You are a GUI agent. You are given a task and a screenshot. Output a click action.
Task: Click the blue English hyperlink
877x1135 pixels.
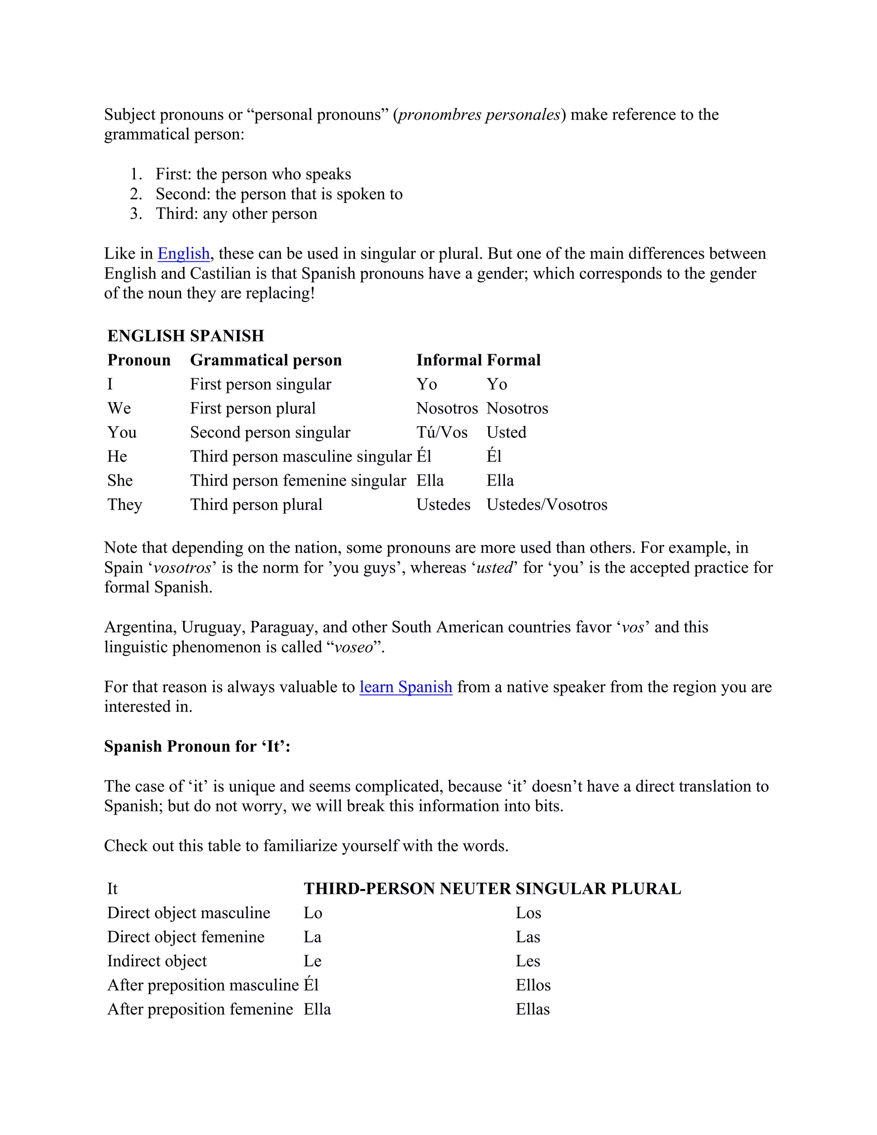(183, 254)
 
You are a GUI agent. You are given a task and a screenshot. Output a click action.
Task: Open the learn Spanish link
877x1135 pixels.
(406, 687)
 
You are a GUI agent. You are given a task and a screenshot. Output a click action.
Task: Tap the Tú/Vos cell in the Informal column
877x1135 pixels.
(441, 433)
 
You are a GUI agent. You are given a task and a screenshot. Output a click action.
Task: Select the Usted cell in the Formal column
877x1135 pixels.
(506, 433)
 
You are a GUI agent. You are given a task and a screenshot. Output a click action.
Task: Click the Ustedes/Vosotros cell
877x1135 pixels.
(546, 505)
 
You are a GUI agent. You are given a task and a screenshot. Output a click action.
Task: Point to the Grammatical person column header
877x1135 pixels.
(265, 360)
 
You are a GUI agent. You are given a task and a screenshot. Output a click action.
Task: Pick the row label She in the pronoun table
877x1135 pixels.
(120, 481)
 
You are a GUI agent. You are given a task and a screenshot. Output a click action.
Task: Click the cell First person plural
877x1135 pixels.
(253, 409)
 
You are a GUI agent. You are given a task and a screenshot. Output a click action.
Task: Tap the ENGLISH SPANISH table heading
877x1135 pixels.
(185, 336)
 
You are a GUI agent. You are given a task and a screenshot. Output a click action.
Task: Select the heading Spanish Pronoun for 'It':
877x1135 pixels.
(197, 747)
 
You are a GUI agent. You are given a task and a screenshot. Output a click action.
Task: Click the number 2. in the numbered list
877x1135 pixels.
(136, 194)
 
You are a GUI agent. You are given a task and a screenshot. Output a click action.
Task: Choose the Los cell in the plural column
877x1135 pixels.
(528, 913)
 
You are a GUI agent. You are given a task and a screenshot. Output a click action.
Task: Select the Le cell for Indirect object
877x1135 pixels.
(312, 962)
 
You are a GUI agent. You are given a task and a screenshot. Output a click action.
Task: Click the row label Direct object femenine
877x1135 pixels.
(185, 937)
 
